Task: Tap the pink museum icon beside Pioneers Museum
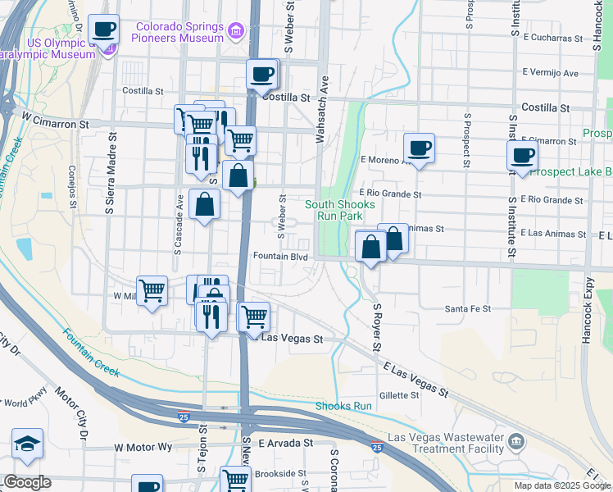237,31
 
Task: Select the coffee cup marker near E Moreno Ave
419,148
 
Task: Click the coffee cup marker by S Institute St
522,155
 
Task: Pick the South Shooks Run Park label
340,210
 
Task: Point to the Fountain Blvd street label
279,257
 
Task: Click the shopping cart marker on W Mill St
152,289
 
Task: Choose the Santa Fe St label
467,309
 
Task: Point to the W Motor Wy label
143,448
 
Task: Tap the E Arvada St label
286,443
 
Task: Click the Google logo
27,483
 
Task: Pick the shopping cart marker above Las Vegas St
254,317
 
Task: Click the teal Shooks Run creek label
344,406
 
